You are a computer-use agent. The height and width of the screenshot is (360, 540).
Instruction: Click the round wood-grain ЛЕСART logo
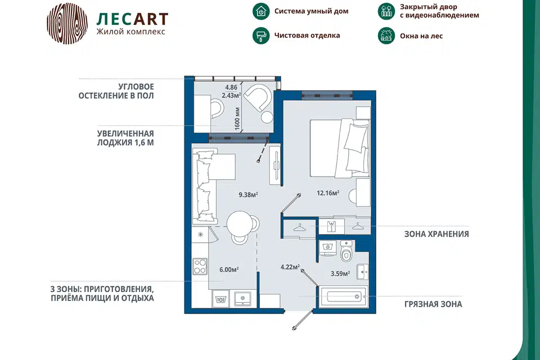click(67, 24)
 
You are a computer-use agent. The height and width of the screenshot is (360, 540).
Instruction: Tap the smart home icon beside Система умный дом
click(261, 11)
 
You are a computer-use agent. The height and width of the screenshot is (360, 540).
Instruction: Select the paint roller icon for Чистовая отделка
click(261, 35)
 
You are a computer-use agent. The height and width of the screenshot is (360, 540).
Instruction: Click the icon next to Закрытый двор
click(386, 11)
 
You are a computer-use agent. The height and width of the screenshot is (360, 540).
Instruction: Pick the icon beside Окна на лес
click(386, 35)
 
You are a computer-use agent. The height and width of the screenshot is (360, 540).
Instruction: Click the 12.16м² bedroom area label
click(328, 193)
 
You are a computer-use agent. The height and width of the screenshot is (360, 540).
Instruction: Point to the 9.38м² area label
click(248, 195)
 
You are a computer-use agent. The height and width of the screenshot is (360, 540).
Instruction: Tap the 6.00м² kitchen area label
click(229, 269)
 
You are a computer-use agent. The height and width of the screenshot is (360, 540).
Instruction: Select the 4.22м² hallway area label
click(290, 267)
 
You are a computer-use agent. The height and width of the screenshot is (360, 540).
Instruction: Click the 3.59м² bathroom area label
click(340, 273)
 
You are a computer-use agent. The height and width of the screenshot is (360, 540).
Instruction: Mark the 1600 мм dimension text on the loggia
click(237, 119)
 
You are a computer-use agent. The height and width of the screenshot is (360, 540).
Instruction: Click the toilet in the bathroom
click(346, 251)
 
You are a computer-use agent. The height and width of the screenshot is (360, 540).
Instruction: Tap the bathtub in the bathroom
click(344, 296)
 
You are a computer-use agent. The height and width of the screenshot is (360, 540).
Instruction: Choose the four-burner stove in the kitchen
click(200, 266)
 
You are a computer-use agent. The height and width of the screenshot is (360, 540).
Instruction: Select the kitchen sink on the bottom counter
click(243, 298)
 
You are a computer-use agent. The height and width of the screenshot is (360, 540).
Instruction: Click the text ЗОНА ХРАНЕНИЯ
click(436, 234)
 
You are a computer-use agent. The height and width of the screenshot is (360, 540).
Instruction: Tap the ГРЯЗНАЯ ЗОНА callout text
click(433, 304)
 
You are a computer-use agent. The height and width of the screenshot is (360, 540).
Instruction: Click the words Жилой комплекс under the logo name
click(130, 31)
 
